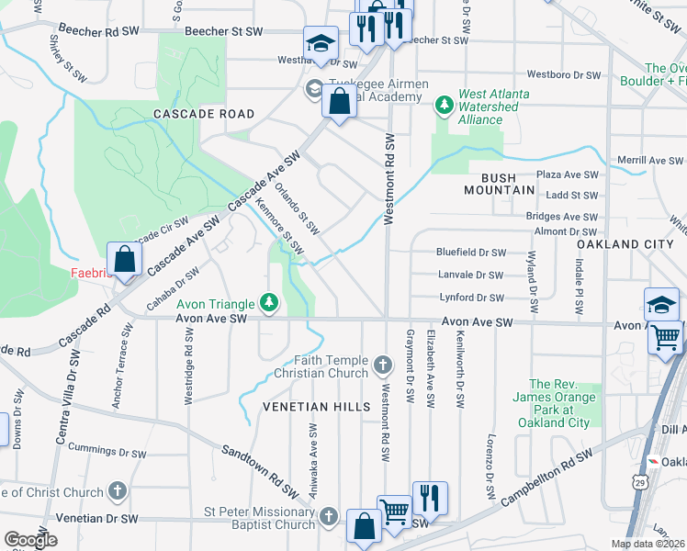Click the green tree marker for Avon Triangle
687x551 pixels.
click(268, 301)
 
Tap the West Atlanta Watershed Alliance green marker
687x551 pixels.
click(445, 106)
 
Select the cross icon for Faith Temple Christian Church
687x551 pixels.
click(383, 367)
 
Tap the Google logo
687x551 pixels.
click(30, 540)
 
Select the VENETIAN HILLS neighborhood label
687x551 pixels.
click(310, 406)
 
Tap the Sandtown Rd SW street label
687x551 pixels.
click(257, 465)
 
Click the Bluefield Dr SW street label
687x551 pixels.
click(471, 252)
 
